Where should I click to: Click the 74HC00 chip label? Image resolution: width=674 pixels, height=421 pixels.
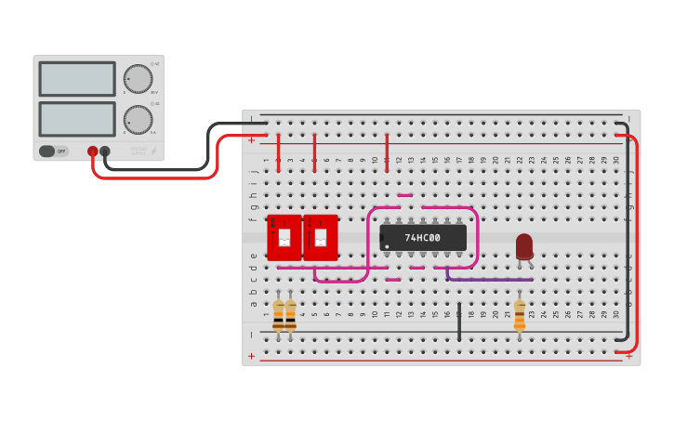[x=423, y=238]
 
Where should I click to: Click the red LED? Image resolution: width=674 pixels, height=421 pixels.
[x=524, y=246]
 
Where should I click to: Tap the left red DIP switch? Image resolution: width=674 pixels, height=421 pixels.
[x=284, y=238]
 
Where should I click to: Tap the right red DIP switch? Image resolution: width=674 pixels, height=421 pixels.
[x=320, y=238]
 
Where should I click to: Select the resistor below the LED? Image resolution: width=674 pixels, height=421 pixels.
[x=520, y=315]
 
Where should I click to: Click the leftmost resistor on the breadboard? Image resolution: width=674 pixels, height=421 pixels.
[x=278, y=315]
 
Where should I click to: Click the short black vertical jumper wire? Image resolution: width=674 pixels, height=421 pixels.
[x=459, y=322]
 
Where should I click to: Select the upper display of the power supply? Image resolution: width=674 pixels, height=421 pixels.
[x=77, y=79]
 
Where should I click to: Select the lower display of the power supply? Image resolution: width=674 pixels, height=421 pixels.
[x=77, y=120]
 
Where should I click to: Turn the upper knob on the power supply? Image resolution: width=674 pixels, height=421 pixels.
[x=139, y=79]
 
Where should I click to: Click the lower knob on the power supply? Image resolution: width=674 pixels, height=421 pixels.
[x=139, y=120]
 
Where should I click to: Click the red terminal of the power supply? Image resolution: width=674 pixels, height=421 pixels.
[x=92, y=151]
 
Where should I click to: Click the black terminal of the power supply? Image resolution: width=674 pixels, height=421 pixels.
[x=105, y=151]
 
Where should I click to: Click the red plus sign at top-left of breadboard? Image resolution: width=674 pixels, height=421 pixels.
[x=252, y=140]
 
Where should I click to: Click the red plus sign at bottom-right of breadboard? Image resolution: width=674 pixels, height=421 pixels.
[x=629, y=356]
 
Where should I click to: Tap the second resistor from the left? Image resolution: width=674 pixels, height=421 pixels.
[x=290, y=315]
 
